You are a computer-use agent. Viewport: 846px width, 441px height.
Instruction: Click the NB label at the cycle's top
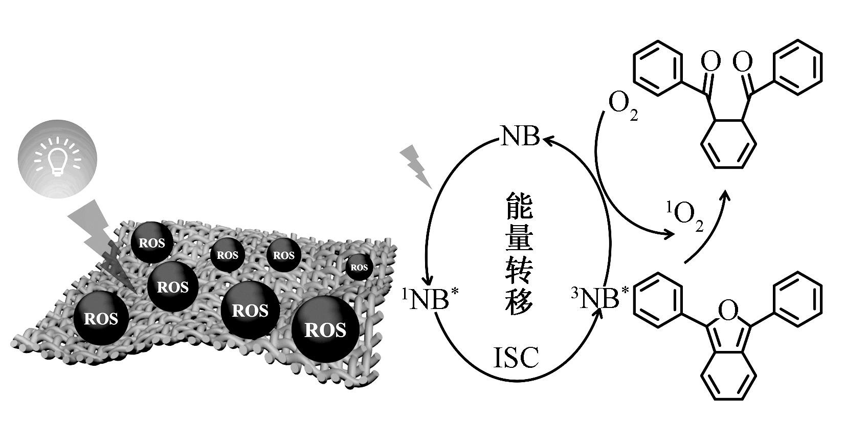[520, 136]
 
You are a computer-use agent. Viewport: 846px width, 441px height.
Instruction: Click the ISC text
[516, 358]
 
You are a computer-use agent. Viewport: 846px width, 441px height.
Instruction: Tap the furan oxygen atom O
[728, 308]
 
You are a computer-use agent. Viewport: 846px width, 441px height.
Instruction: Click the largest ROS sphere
[325, 329]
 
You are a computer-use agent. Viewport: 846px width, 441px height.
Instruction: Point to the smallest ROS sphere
[359, 267]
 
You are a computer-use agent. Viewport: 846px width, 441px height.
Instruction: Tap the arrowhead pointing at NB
[547, 139]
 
